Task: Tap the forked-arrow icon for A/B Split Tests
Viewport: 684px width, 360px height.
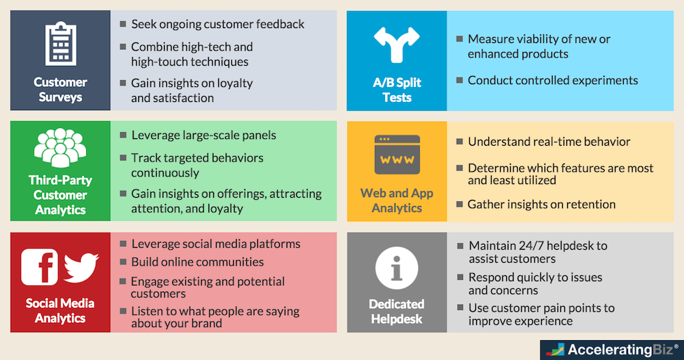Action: [397, 45]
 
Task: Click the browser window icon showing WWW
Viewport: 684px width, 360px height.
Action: [397, 155]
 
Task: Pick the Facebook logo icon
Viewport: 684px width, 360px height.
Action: [40, 267]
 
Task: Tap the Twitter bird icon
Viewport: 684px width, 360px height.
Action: [81, 268]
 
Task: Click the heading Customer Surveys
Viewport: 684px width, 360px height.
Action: [60, 90]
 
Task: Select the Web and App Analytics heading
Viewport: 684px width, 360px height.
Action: [397, 201]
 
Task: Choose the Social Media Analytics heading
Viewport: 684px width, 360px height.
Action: [60, 310]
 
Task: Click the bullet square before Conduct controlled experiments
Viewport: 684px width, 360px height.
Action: [459, 81]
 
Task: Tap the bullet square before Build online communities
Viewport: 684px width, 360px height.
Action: [122, 261]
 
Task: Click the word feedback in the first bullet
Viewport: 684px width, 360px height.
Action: [278, 25]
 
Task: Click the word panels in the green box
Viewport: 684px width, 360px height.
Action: [256, 135]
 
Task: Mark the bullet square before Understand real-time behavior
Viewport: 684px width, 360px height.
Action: [459, 142]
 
